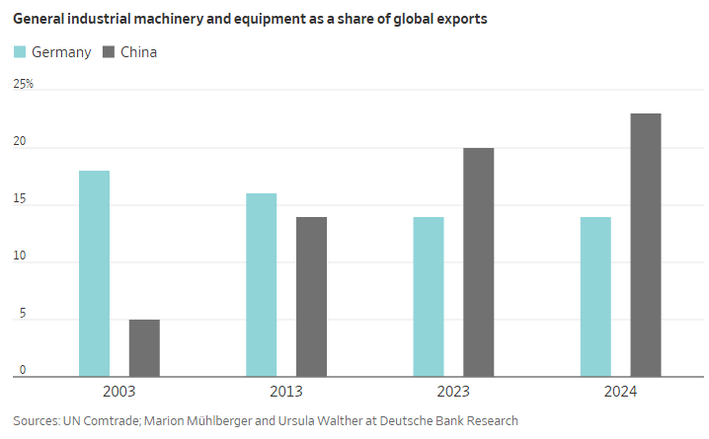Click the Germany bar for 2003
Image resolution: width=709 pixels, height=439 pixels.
(94, 273)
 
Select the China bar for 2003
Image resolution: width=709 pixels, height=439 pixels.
(144, 347)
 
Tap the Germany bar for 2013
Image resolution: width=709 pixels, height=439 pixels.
(261, 284)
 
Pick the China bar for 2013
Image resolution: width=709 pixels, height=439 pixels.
(311, 296)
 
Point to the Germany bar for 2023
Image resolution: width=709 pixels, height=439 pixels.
(428, 296)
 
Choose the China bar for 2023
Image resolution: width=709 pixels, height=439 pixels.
(478, 261)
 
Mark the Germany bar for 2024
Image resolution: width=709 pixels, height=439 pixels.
(595, 296)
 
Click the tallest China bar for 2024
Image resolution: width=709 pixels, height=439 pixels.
(646, 245)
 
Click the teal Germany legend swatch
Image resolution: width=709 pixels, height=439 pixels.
(19, 52)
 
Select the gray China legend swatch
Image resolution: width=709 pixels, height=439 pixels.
(108, 52)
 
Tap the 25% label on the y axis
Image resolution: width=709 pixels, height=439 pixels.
(23, 85)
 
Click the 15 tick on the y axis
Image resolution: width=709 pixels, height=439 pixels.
(20, 200)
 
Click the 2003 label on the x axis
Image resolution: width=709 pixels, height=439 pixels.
(118, 392)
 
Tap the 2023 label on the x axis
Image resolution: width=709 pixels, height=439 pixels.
(453, 392)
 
